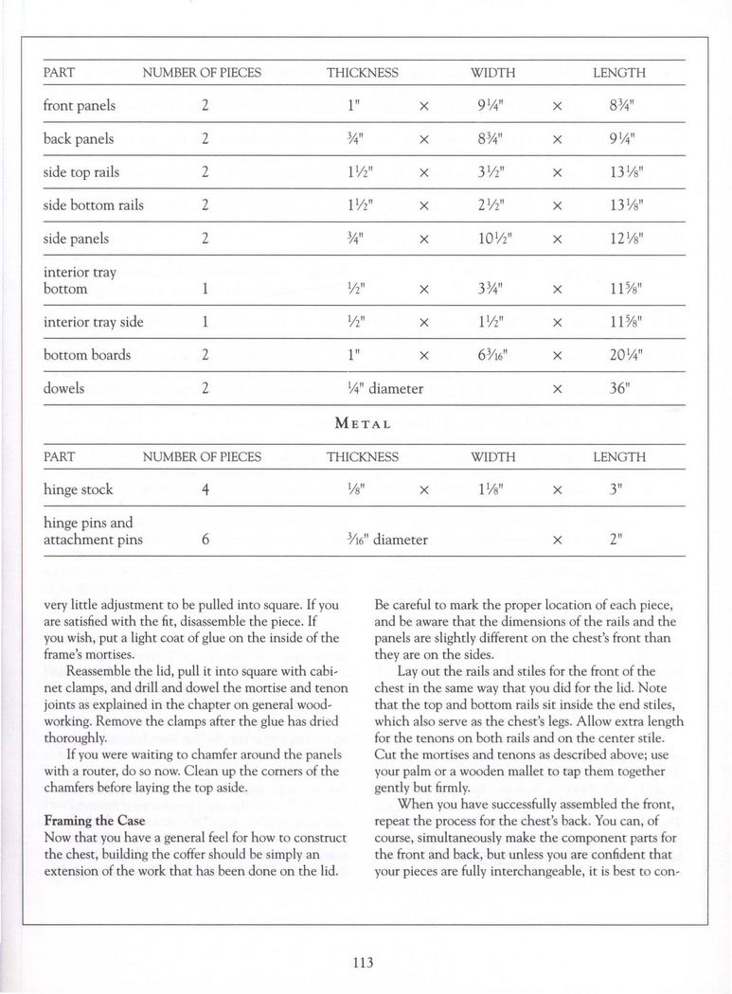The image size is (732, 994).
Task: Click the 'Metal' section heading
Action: click(x=365, y=423)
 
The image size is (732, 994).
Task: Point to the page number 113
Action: click(x=365, y=963)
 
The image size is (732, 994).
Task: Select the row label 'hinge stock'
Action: click(x=79, y=489)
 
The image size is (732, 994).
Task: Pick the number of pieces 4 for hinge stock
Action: click(x=205, y=490)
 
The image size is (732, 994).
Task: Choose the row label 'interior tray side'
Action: click(x=94, y=322)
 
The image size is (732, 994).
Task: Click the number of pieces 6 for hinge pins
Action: click(x=205, y=541)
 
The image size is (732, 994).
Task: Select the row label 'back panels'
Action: click(x=80, y=139)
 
